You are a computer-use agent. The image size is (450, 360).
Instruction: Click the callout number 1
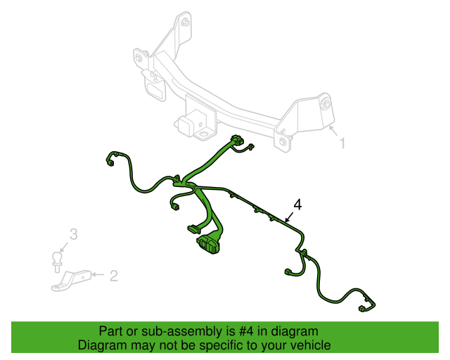pos(342,143)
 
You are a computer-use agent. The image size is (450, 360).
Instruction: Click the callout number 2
pos(114,276)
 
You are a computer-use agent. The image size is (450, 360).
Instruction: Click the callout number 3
pos(74,234)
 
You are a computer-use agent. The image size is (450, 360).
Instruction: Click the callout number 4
pos(298,205)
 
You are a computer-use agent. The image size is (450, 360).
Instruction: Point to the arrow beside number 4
pos(289,217)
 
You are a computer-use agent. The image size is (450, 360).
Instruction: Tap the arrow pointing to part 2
pos(98,275)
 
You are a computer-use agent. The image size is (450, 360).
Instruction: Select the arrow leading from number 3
pos(64,247)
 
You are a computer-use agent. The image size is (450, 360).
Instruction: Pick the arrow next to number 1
pos(333,131)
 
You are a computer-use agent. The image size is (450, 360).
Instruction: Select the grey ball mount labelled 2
pos(72,281)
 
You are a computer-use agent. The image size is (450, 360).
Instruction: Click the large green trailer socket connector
pos(208,245)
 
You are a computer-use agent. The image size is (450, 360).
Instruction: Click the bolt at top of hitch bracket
pos(186,22)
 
